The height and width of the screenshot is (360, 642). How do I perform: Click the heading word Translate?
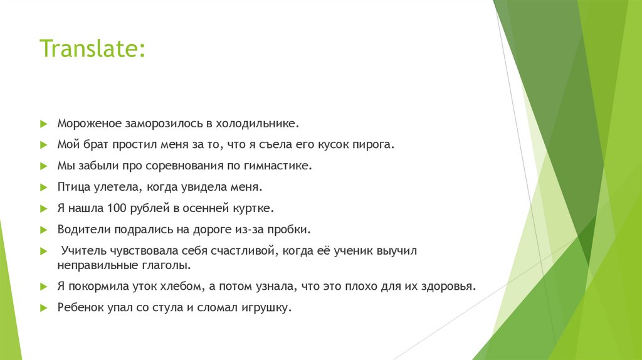(x=93, y=48)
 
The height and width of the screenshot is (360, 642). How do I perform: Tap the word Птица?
(x=73, y=187)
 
